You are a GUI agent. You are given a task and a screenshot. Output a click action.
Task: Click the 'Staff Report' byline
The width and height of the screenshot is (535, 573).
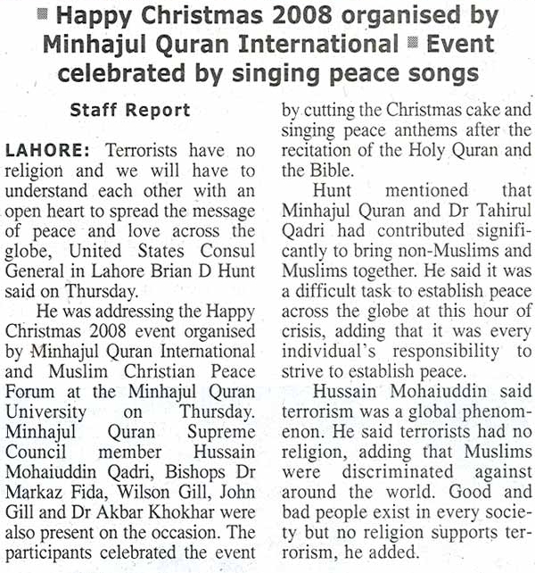pyautogui.click(x=130, y=110)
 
